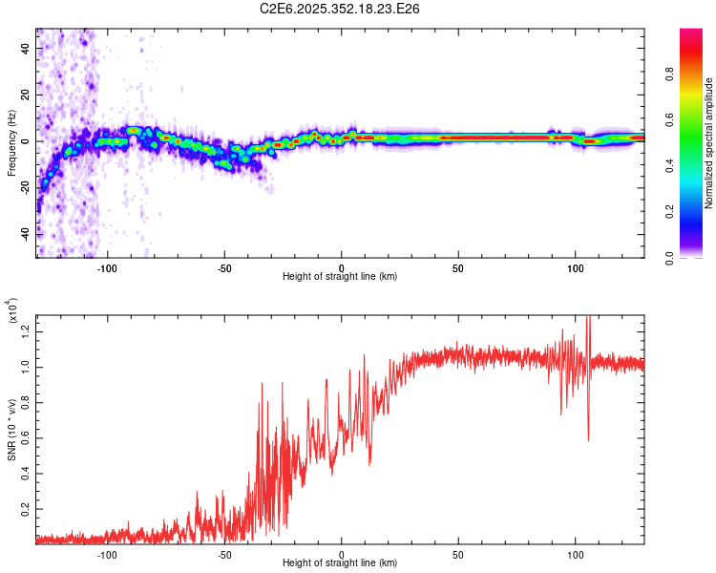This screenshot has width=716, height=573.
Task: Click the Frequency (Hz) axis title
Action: tap(11, 142)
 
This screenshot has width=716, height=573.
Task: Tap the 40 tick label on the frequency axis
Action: tap(26, 50)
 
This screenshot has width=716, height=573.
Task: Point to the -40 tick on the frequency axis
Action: tap(26, 233)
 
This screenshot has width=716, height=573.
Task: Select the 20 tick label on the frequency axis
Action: tap(26, 95)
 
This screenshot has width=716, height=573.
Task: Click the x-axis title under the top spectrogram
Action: tap(340, 276)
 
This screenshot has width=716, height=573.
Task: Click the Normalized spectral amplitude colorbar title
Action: tap(708, 144)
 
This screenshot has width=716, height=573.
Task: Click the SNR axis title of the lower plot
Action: tap(11, 425)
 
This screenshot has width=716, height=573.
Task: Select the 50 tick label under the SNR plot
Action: tap(458, 553)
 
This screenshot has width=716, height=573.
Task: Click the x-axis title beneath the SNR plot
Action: tap(340, 563)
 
